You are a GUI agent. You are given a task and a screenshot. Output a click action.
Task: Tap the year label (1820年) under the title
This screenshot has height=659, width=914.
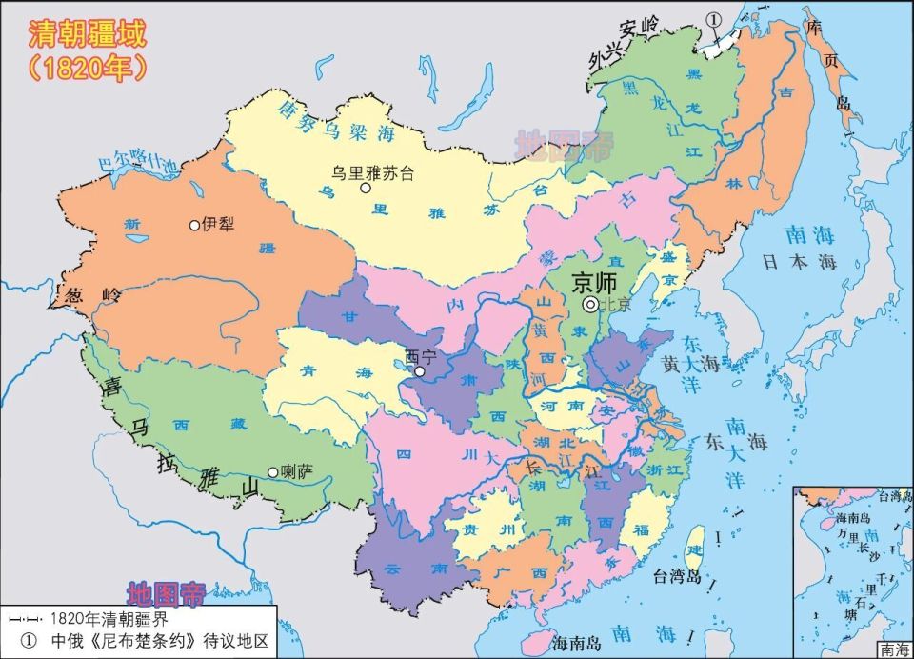[x=87, y=68]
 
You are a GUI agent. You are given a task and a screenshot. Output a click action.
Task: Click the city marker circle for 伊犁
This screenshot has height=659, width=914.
[x=195, y=226]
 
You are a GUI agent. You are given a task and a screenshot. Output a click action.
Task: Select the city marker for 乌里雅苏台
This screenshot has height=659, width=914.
[x=365, y=189]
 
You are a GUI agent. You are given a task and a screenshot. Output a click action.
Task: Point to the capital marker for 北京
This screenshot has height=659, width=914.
[x=590, y=304]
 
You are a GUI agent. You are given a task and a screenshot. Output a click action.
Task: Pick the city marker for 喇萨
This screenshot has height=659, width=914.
[x=273, y=472]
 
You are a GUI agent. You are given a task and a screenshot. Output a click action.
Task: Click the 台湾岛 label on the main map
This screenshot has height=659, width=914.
[x=676, y=576]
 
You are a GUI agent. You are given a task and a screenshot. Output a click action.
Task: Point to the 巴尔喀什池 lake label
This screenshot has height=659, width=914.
[x=139, y=162]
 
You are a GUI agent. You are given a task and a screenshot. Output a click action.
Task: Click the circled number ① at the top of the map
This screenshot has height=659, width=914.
[x=714, y=19]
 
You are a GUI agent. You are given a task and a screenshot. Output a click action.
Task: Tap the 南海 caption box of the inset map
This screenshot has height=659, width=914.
[x=893, y=649]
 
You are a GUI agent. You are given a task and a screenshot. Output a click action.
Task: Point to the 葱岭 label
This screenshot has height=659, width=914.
[x=89, y=295]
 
